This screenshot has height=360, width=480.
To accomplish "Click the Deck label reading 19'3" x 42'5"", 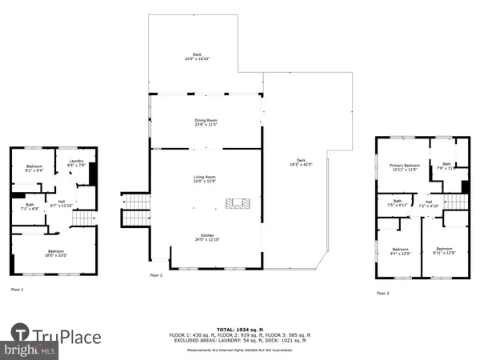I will (x=301, y=162).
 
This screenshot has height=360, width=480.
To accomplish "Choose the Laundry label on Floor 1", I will (x=77, y=163).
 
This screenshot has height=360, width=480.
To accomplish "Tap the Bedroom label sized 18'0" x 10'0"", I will (x=54, y=253).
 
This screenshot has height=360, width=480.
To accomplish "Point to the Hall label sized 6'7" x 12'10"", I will (x=61, y=203).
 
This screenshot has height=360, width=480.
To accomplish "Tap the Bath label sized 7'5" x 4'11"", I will (x=398, y=203).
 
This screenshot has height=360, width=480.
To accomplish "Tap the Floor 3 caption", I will (x=385, y=293).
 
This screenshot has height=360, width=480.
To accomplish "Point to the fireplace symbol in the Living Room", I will (x=235, y=203).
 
